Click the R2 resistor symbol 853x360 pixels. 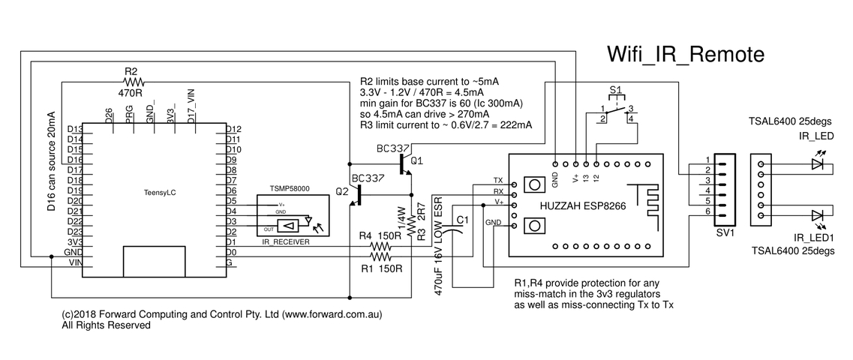[x=133, y=81]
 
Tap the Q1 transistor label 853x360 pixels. [x=417, y=160]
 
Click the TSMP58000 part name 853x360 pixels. [x=290, y=190]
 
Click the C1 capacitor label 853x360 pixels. [x=464, y=220]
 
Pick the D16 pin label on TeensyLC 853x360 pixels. [x=75, y=160]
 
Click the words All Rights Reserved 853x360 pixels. [x=107, y=326]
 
